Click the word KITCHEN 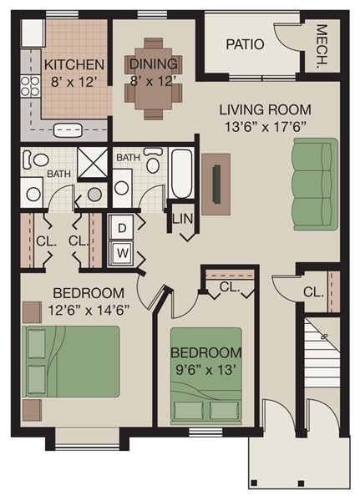coord(74,65)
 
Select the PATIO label coord(245,44)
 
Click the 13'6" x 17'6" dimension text coord(265,126)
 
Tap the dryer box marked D coord(121,227)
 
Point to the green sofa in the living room coord(314,182)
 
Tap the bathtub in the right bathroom coord(181,173)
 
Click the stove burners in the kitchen coord(32,86)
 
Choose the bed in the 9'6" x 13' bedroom coord(205,392)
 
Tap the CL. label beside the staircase coord(313,292)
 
